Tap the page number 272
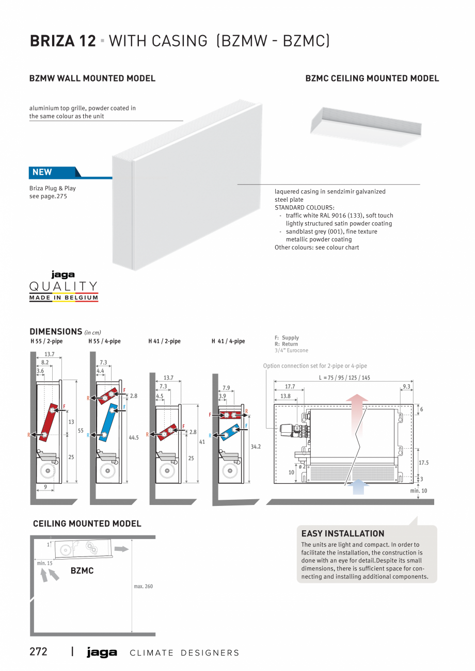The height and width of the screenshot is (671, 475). pyautogui.click(x=38, y=652)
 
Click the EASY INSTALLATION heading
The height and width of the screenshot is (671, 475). pyautogui.click(x=343, y=534)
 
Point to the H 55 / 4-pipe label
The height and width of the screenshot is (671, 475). pyautogui.click(x=104, y=341)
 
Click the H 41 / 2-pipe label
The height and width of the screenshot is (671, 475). pyautogui.click(x=164, y=341)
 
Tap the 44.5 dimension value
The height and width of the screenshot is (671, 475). pyautogui.click(x=134, y=437)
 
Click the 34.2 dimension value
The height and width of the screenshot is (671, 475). pyautogui.click(x=256, y=447)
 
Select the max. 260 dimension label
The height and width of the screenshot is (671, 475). pyautogui.click(x=144, y=586)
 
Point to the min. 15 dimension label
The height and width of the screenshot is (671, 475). pyautogui.click(x=44, y=563)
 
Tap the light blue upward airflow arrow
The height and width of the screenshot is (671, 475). pyautogui.click(x=358, y=487)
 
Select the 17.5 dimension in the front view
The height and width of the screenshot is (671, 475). pyautogui.click(x=423, y=463)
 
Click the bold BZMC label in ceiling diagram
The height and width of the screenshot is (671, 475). pyautogui.click(x=82, y=571)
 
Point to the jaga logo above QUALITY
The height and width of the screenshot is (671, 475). pyautogui.click(x=63, y=275)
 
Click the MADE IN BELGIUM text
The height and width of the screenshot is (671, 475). pyautogui.click(x=64, y=298)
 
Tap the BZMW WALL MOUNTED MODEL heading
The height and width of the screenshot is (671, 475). pyautogui.click(x=92, y=78)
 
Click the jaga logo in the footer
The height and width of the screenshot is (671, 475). pyautogui.click(x=102, y=652)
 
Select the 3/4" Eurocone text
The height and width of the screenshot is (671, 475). pyautogui.click(x=291, y=351)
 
